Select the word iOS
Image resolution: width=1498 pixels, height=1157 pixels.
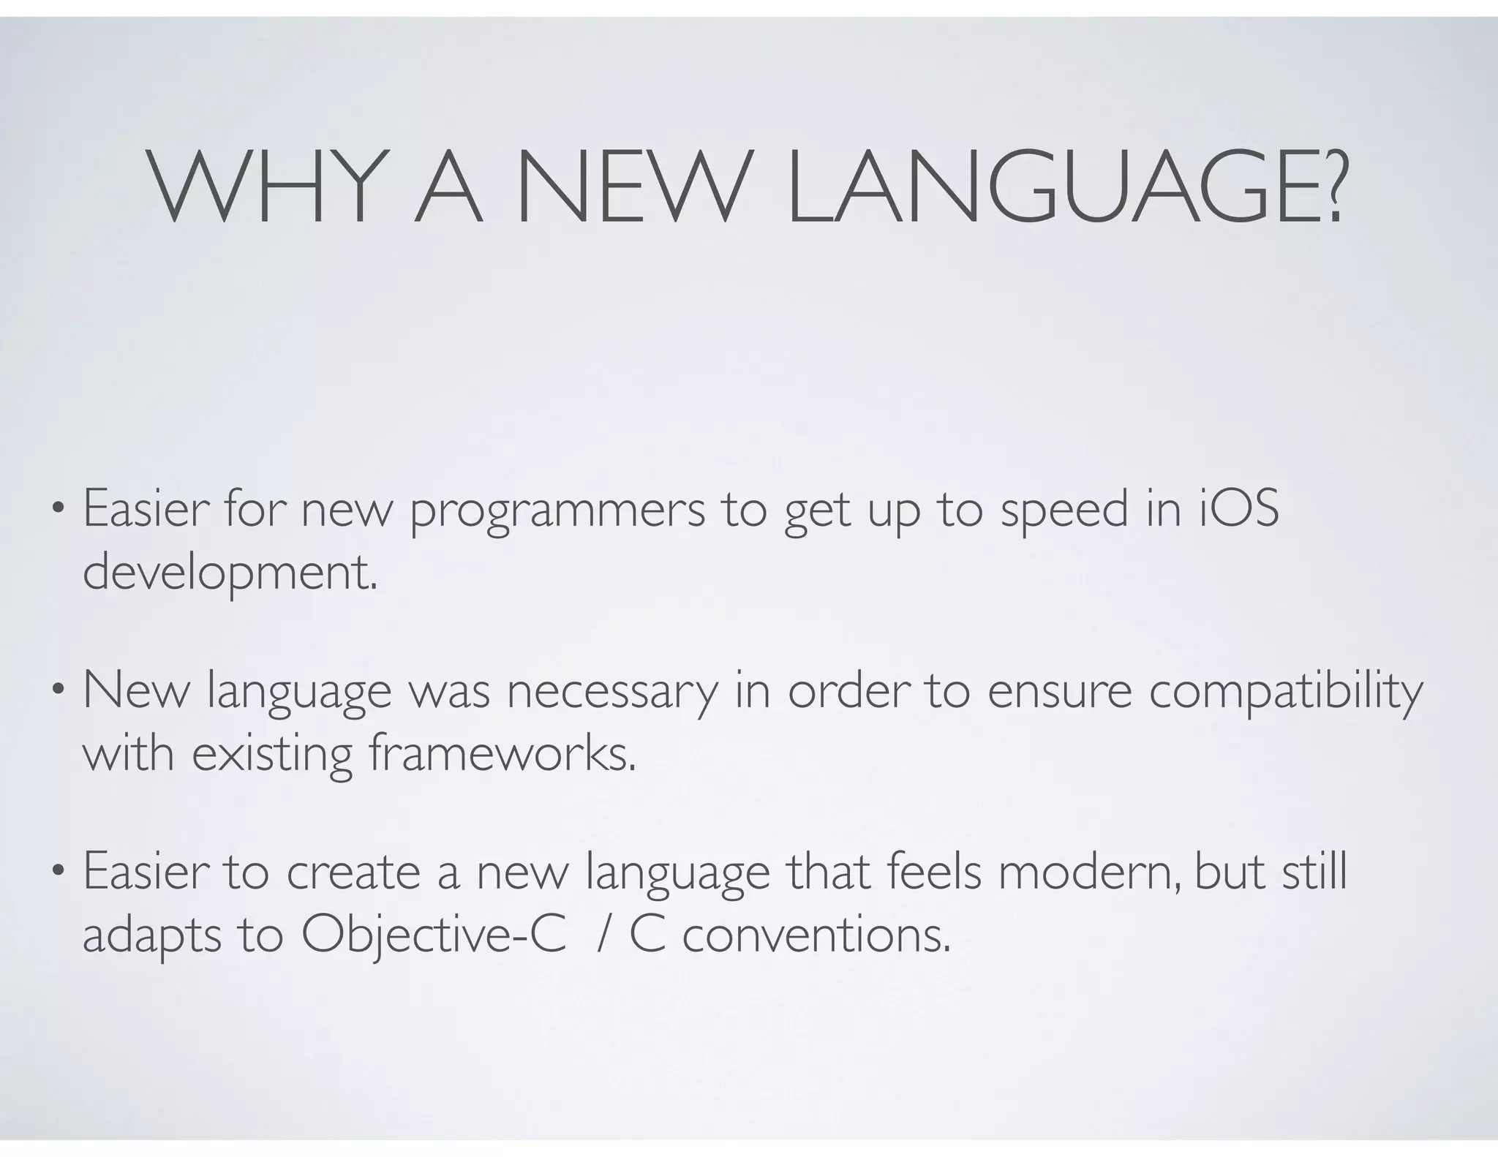(x=1238, y=509)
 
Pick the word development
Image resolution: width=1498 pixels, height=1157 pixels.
(x=230, y=575)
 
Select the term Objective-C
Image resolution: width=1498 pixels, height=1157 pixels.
(x=434, y=936)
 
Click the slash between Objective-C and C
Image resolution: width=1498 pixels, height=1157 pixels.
(x=601, y=936)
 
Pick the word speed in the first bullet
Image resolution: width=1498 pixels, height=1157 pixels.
(x=1064, y=510)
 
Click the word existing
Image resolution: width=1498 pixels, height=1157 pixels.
(x=272, y=755)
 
